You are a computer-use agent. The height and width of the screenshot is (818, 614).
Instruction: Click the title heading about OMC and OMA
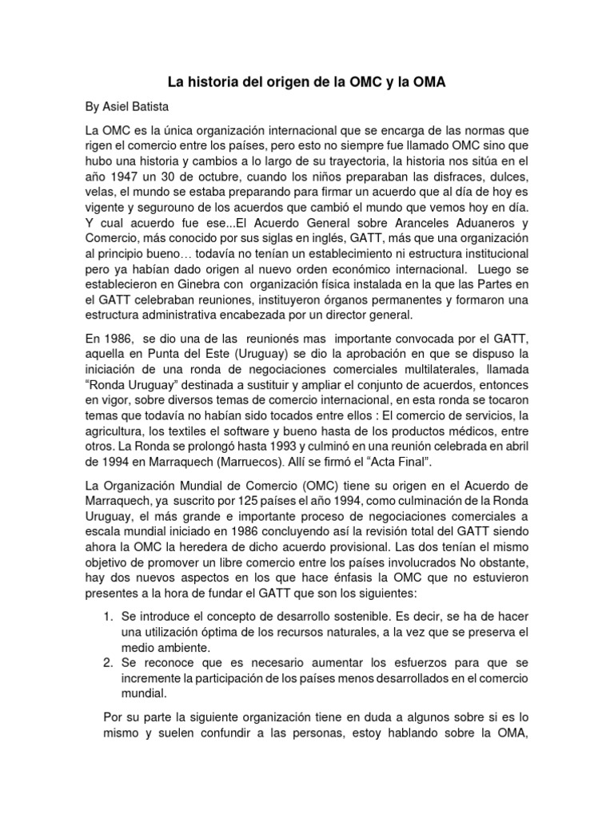point(306,81)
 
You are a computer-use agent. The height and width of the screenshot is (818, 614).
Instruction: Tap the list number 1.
point(109,617)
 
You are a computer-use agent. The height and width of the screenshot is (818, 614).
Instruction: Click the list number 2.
point(109,665)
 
